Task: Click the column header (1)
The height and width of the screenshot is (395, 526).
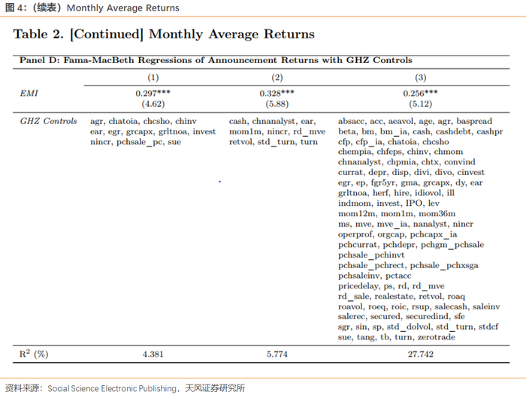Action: click(x=153, y=77)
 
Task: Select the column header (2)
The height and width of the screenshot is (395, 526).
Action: click(x=277, y=77)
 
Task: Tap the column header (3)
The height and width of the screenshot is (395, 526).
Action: click(x=420, y=77)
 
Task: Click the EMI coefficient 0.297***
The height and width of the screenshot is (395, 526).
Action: click(x=153, y=93)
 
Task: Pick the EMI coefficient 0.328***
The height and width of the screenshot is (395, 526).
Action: click(x=277, y=93)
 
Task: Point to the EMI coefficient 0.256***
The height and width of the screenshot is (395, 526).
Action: click(x=420, y=93)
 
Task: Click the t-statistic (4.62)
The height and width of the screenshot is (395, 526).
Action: click(x=153, y=104)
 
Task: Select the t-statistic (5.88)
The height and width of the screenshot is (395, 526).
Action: click(x=277, y=104)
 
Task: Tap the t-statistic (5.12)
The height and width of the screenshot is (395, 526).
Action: click(x=420, y=104)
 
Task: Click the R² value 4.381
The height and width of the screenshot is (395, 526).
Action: click(x=153, y=353)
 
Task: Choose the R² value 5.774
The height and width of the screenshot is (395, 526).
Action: click(x=277, y=353)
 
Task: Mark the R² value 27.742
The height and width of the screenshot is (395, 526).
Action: click(x=420, y=353)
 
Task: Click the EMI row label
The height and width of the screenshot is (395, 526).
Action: click(x=29, y=93)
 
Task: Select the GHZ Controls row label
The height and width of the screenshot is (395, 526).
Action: click(x=48, y=121)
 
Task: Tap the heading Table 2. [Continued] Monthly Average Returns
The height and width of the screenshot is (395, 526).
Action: click(x=164, y=35)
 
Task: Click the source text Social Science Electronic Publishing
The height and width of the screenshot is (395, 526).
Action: click(x=113, y=388)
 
